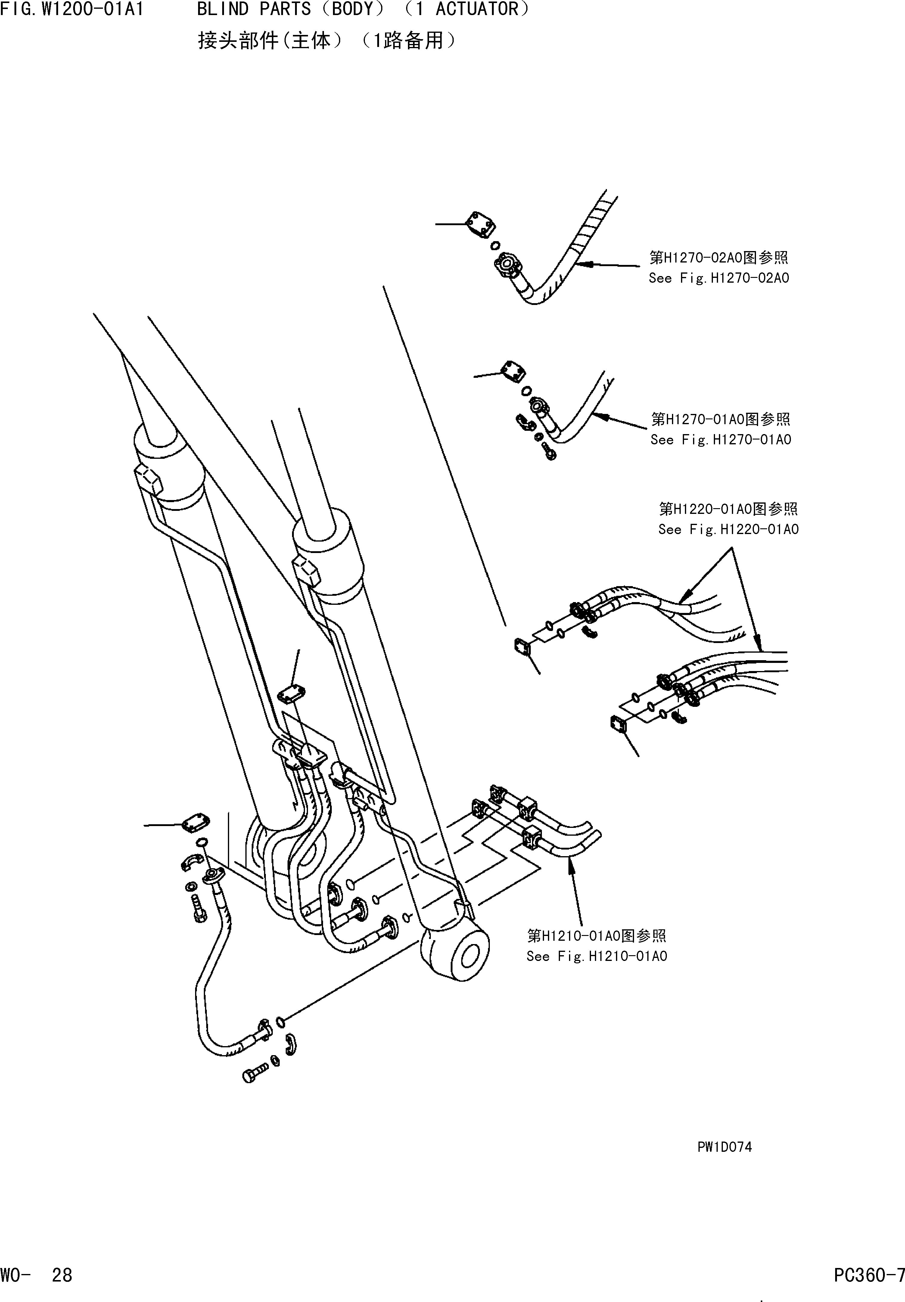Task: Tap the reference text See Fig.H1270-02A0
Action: (x=718, y=278)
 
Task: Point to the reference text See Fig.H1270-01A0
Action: (x=720, y=440)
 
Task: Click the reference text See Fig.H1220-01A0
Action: (x=728, y=530)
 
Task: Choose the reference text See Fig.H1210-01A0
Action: (x=596, y=956)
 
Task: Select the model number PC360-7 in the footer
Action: (x=869, y=1276)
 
